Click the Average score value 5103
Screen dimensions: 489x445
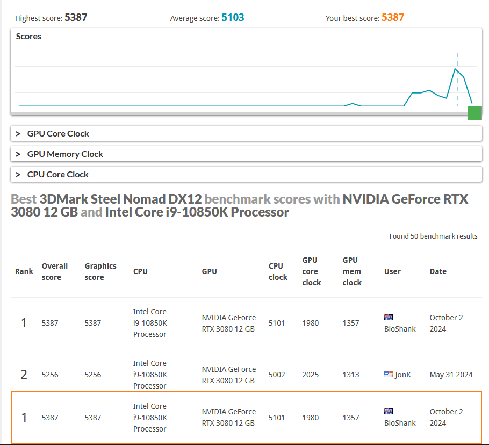pos(233,17)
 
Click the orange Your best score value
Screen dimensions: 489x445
pos(393,17)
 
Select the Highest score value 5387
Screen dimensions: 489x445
pos(76,17)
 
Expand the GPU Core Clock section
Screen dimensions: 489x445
pos(58,134)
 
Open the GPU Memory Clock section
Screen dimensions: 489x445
pos(65,154)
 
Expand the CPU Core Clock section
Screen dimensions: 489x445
pos(57,175)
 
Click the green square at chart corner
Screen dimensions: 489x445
pos(474,113)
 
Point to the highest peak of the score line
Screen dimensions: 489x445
pos(455,69)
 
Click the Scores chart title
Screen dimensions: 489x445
pos(28,37)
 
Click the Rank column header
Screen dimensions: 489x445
pos(24,271)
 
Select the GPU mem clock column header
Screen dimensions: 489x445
pos(352,271)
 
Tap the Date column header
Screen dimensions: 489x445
pos(438,271)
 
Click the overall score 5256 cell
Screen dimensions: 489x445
pos(50,375)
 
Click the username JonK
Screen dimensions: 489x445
pos(403,375)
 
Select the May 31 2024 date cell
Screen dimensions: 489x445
pos(451,375)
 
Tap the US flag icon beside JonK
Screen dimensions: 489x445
pos(389,374)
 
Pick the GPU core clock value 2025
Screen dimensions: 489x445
pos(310,375)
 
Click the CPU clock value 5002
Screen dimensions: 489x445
pos(277,375)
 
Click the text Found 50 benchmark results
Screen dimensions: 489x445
pos(433,236)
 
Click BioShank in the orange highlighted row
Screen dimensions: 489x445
pos(400,423)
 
